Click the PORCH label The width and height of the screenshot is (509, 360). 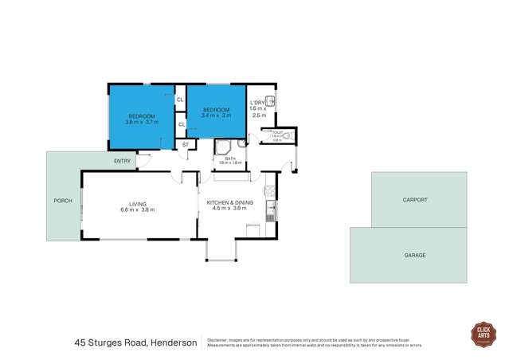62,200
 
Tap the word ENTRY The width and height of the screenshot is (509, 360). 122,162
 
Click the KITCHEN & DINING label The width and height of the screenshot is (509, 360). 230,203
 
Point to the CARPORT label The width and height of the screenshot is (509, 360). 415,200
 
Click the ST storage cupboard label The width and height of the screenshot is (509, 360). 186,145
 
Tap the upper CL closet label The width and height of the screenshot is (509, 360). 181,100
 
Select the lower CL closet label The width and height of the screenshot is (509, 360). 181,124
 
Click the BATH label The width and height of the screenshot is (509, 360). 230,158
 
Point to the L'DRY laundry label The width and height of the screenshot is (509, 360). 257,102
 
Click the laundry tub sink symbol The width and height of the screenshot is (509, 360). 272,100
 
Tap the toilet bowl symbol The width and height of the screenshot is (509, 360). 288,136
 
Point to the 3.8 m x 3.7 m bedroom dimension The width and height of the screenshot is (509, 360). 142,123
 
